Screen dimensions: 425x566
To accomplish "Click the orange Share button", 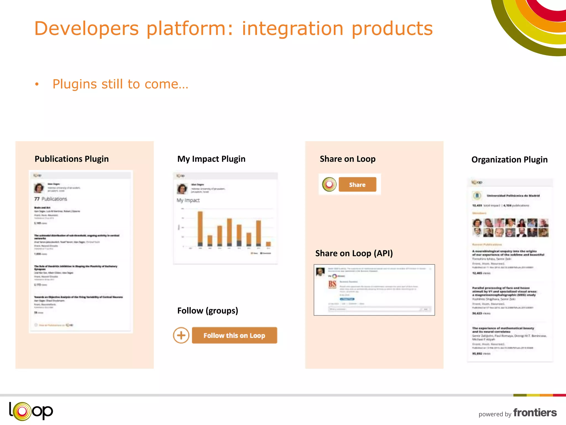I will tap(357, 185).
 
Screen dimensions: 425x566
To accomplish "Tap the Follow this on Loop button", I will tap(234, 335).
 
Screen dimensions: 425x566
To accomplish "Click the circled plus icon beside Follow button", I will tap(181, 335).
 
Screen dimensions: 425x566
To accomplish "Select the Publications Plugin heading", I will tap(72, 159).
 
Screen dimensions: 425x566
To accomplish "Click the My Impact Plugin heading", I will tap(211, 159).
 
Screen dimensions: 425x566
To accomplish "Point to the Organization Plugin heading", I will tap(509, 160).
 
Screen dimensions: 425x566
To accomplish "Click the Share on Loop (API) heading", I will tap(354, 253).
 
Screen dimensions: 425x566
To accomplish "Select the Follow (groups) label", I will tap(208, 310).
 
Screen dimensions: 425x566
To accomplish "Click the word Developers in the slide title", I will tap(86, 28).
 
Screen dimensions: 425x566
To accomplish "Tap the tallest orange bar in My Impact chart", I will tap(200, 228).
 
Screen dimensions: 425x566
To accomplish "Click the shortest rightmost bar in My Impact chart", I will tap(268, 244).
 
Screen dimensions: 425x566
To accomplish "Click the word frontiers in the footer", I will tap(535, 413).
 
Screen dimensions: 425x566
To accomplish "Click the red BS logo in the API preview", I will tap(332, 284).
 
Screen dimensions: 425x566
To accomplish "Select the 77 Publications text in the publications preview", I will tap(51, 199).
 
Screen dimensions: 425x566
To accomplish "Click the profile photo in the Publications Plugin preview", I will tap(39, 188).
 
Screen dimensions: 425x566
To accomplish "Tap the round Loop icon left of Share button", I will tap(329, 184).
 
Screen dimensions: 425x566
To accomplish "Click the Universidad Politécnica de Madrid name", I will tap(513, 196).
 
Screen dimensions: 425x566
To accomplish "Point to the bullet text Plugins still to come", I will tap(120, 84).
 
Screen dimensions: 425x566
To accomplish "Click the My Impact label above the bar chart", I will tap(188, 200).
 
